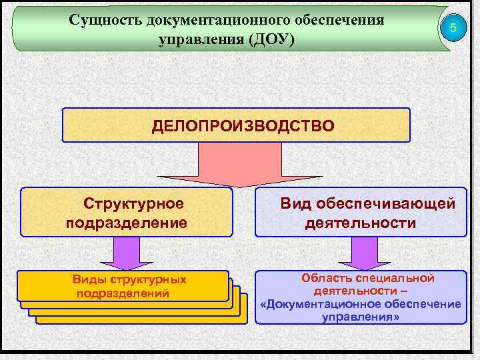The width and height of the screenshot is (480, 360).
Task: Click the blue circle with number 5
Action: pyautogui.click(x=453, y=28)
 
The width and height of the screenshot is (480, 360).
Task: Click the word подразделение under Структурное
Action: pyautogui.click(x=127, y=222)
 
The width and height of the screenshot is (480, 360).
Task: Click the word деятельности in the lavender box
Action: pyautogui.click(x=361, y=222)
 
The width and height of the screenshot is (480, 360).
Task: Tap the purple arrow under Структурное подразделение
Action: pyautogui.click(x=127, y=253)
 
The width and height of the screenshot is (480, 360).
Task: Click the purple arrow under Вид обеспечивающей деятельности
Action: pyautogui.click(x=361, y=253)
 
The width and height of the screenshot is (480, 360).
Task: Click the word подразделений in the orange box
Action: pyautogui.click(x=123, y=293)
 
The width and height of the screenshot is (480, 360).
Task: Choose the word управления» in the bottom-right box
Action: pyautogui.click(x=361, y=317)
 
